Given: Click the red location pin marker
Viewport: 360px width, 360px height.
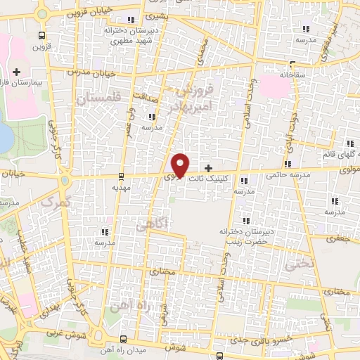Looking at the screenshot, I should [x=181, y=165].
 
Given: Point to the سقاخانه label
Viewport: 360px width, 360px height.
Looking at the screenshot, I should [x=295, y=73].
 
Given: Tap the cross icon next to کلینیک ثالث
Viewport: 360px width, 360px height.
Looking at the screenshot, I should [x=208, y=168].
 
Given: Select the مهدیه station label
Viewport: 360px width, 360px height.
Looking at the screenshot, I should [x=122, y=188].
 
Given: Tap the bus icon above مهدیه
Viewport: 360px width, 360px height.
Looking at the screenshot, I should [x=122, y=176].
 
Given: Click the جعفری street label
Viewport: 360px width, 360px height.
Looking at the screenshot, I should [x=340, y=239].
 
